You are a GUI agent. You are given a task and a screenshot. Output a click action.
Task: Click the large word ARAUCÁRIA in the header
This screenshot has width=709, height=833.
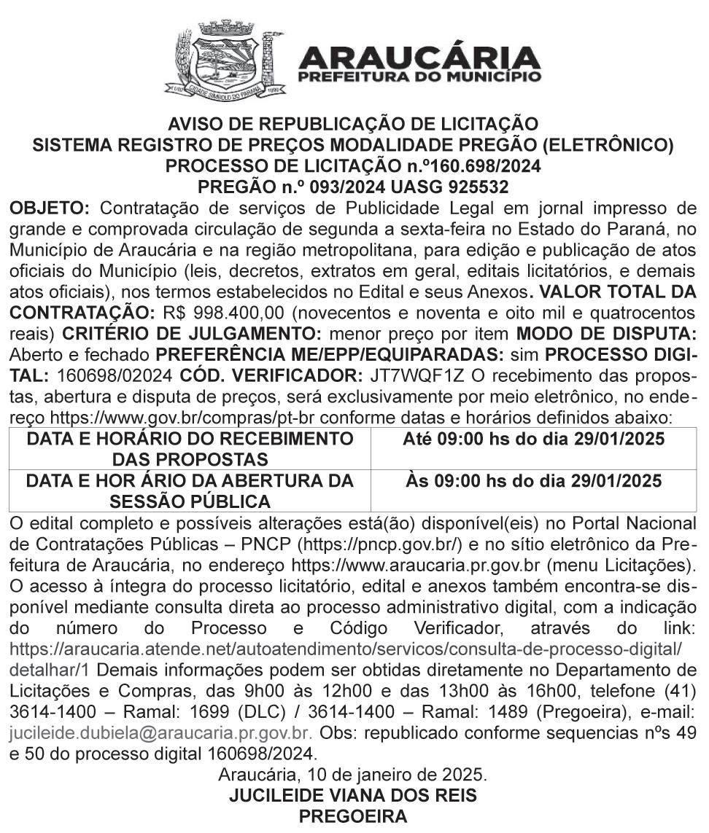tap(419, 57)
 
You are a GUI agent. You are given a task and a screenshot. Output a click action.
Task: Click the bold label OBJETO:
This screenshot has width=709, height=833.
tap(49, 209)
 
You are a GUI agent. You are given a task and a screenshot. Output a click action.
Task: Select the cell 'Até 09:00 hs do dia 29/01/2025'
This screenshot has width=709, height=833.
tap(533, 439)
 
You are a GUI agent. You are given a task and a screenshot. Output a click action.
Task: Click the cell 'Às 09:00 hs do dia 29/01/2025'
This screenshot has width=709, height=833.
tap(533, 481)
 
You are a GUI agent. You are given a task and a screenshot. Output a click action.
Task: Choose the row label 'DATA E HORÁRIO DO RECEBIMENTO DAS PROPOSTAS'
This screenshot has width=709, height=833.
tap(190, 449)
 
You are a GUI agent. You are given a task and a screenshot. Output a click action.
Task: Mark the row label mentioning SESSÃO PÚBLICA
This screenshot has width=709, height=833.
tap(190, 491)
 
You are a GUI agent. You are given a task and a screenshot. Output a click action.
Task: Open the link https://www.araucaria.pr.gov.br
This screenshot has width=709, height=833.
tap(418, 564)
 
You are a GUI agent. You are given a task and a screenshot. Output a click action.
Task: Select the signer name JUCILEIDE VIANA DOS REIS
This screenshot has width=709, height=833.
tap(353, 794)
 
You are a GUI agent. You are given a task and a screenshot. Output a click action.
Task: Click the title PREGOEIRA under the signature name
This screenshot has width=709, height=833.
tap(353, 816)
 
